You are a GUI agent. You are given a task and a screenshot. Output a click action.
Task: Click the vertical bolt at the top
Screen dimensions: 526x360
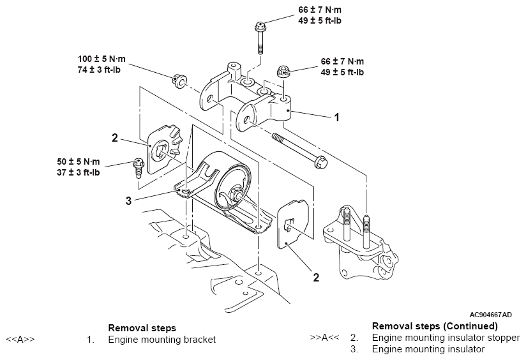coord(260,37)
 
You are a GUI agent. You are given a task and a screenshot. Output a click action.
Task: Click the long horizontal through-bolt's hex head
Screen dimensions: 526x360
coord(320,162)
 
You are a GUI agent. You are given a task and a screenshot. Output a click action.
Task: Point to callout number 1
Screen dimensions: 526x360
coord(337,117)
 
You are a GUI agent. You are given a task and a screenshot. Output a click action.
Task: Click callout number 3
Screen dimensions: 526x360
coord(128,201)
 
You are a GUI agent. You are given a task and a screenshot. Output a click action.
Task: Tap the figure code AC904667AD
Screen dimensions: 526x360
coord(490,315)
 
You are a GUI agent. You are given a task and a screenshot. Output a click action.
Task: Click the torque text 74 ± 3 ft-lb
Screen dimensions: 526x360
coord(99,70)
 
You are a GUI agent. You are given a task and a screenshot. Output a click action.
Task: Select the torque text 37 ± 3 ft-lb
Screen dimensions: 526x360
coord(78,172)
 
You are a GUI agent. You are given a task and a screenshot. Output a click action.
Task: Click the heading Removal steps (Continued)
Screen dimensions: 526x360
coord(435,326)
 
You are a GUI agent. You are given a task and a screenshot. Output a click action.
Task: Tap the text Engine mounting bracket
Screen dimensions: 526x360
coord(162,340)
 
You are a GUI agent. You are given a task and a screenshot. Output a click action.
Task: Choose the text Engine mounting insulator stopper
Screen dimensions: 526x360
coord(446,338)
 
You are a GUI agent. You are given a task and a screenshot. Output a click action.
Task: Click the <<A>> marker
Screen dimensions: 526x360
coord(20,339)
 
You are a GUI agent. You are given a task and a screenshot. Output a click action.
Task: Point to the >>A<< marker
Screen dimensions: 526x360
coord(324,338)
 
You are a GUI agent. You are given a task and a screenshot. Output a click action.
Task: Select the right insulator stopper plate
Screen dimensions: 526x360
coord(293,224)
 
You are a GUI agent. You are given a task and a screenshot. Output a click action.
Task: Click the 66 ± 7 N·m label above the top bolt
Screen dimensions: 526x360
coord(320,10)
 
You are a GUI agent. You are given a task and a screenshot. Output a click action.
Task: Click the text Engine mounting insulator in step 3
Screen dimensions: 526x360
coord(428,349)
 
